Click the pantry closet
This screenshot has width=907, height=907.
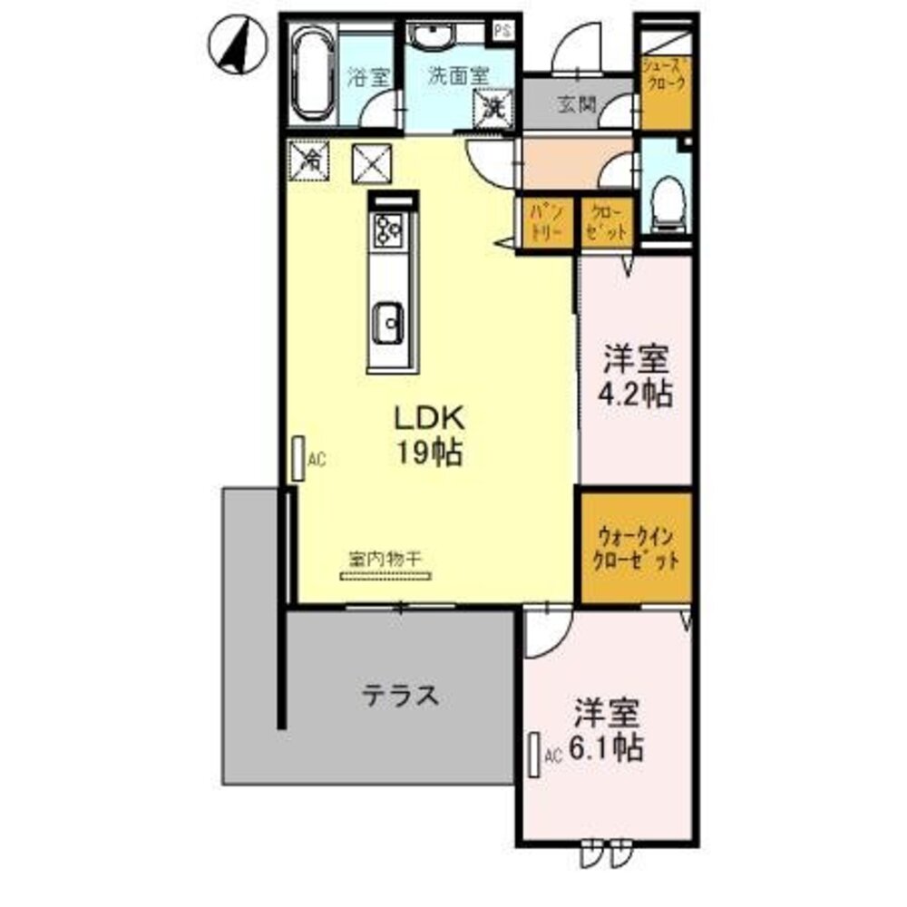tap(547, 221)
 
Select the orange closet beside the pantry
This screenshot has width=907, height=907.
tap(606, 221)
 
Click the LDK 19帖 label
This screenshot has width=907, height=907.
tap(429, 434)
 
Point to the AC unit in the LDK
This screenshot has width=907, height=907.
tap(298, 459)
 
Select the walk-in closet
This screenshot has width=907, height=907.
tap(636, 547)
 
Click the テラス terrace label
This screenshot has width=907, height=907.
tap(401, 696)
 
